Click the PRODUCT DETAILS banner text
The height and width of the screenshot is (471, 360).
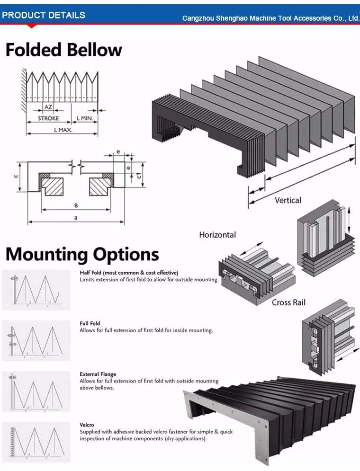[44, 15]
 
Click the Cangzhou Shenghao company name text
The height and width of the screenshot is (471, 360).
[271, 18]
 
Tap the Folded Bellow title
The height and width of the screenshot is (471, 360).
[64, 50]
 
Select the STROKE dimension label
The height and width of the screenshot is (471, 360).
[48, 118]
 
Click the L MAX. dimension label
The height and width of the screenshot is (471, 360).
[63, 129]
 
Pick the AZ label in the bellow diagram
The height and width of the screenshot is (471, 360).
[48, 107]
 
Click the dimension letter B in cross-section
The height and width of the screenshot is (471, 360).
[76, 205]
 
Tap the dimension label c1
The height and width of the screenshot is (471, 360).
[139, 176]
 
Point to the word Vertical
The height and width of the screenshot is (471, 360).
[288, 200]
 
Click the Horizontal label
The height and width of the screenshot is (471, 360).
[217, 235]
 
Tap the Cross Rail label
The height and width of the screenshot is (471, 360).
[288, 302]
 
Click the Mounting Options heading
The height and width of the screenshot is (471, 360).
[82, 254]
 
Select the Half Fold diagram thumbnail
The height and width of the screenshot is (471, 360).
[36, 290]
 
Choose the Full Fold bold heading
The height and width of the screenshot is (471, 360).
[90, 324]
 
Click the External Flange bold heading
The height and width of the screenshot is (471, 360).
[98, 374]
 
